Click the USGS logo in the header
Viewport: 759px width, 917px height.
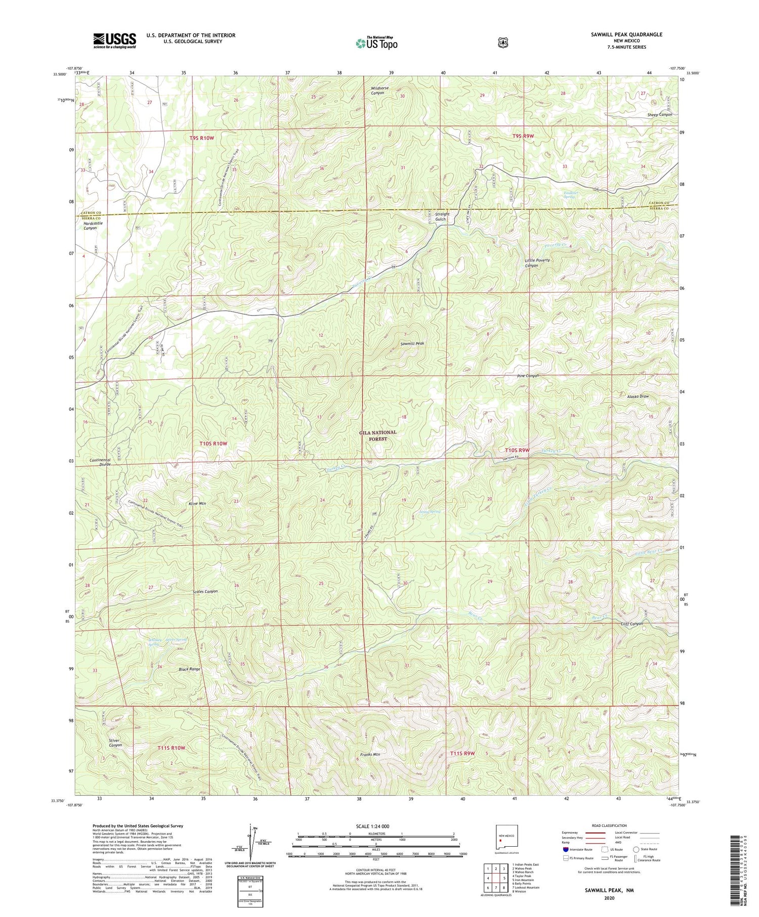(x=114, y=40)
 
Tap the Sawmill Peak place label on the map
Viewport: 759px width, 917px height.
(x=412, y=343)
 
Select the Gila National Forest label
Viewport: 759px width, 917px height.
(x=378, y=435)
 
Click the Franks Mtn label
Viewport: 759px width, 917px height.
(x=370, y=754)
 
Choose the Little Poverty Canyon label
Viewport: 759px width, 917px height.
(x=537, y=263)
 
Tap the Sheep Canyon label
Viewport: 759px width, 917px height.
(x=660, y=115)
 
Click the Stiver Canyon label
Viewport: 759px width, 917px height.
(x=115, y=743)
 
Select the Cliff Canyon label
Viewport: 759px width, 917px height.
(x=631, y=624)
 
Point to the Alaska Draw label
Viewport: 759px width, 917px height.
(x=638, y=396)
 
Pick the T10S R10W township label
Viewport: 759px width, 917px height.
(x=213, y=444)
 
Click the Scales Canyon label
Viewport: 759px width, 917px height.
(x=205, y=591)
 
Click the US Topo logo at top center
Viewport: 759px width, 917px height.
(x=376, y=43)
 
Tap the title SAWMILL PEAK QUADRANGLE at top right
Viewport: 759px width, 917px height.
(x=626, y=34)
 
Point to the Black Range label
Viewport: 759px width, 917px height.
(x=189, y=669)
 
